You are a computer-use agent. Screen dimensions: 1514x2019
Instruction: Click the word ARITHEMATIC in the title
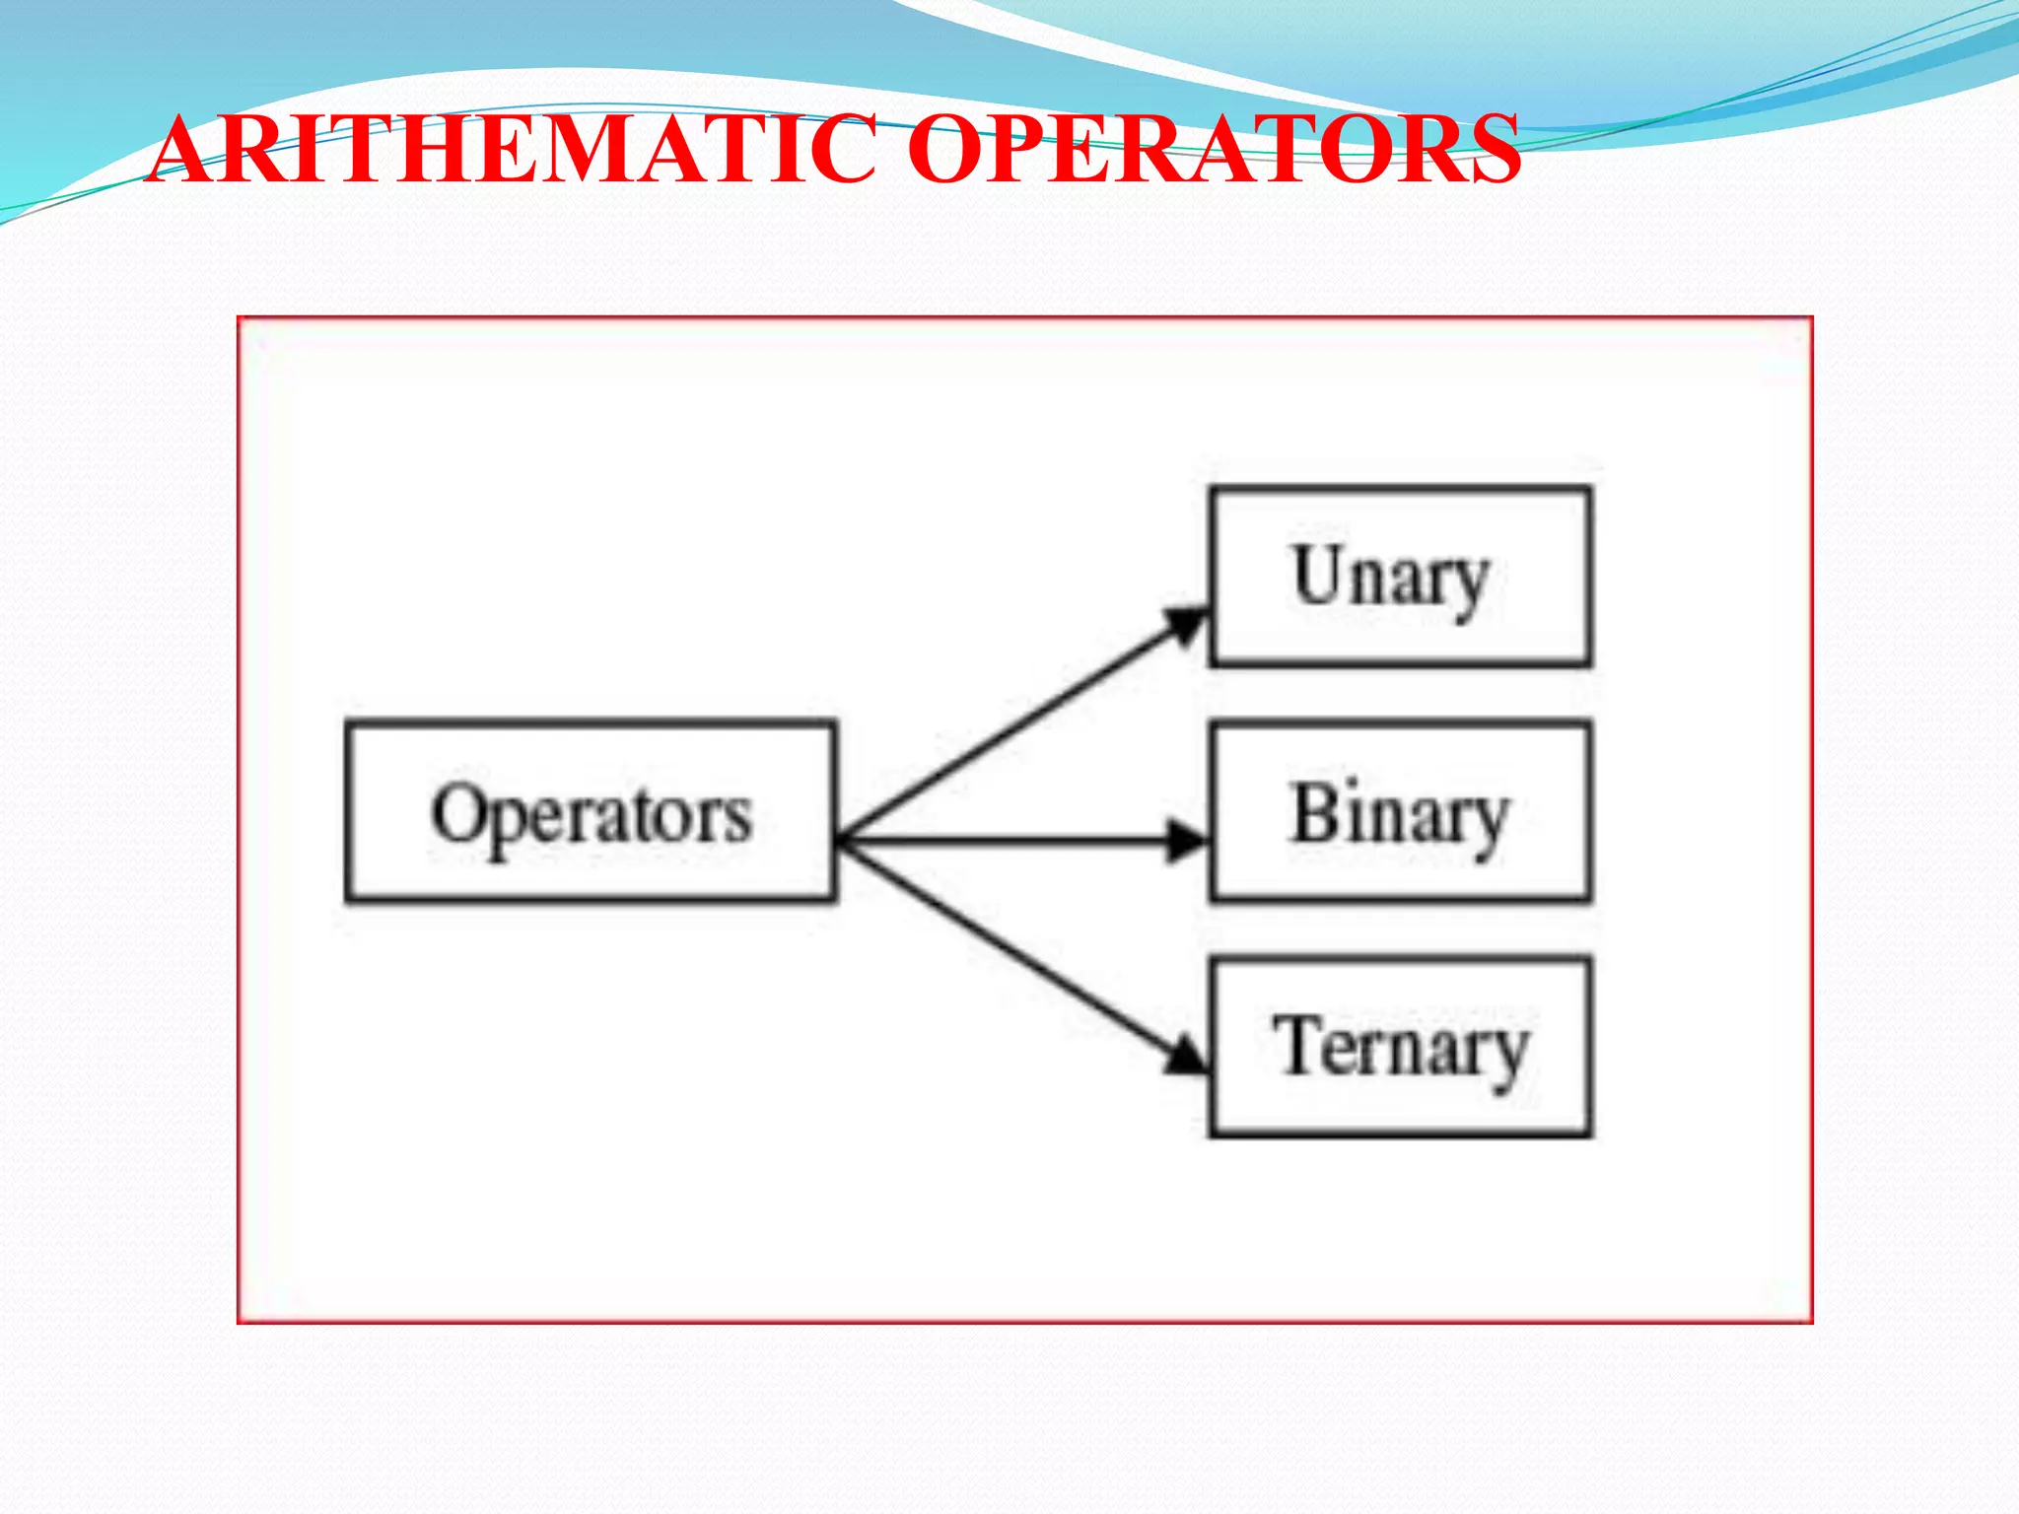point(513,150)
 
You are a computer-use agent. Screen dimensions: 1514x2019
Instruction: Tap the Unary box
point(1400,577)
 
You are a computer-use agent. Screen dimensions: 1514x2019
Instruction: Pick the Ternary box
point(1400,1047)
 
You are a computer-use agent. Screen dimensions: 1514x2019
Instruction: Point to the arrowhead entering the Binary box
point(1186,841)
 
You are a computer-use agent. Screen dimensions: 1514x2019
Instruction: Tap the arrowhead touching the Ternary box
point(1186,1058)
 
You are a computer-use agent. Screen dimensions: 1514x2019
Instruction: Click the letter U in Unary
point(1318,574)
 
